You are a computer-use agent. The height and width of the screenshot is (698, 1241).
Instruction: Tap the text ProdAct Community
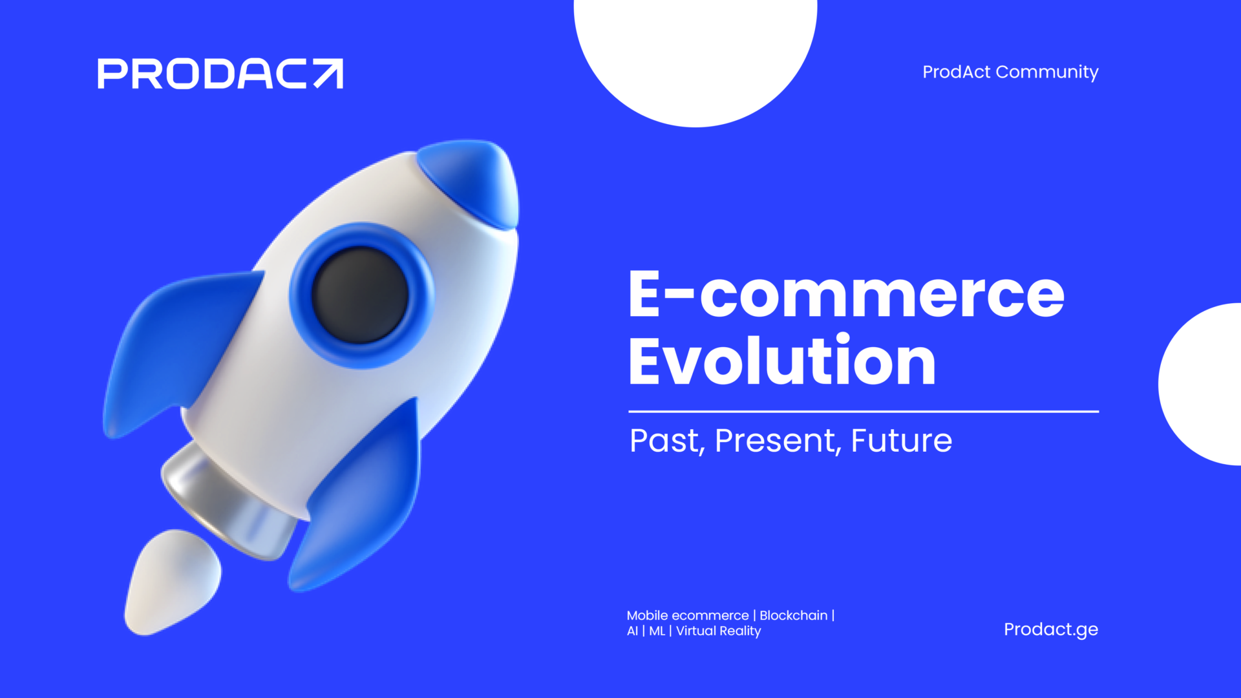1010,72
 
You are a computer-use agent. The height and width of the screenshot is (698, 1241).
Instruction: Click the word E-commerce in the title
847,294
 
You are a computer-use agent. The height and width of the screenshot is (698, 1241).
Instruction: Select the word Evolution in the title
783,359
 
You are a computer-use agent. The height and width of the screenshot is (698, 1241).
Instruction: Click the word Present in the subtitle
778,441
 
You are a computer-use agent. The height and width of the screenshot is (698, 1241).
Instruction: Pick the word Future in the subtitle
902,441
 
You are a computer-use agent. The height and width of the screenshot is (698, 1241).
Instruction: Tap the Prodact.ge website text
1051,629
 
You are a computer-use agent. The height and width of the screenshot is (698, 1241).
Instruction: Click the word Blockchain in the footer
793,615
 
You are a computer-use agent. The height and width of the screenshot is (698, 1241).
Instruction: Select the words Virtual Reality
719,631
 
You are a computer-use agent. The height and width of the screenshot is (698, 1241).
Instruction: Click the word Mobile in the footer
647,615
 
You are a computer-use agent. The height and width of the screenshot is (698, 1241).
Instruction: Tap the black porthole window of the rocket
360,295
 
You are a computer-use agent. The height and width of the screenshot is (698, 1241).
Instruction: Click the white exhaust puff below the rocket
171,582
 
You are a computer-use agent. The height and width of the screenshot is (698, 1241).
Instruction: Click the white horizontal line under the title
864,411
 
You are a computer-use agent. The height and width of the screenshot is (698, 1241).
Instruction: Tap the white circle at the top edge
695,58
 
